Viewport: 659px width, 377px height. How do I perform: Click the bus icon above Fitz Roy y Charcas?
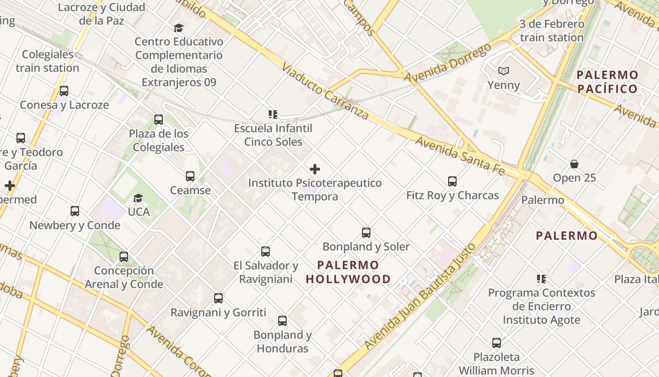click(x=452, y=181)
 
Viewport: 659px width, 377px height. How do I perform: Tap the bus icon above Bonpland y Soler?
click(x=366, y=232)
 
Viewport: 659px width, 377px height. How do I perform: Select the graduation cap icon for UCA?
click(x=138, y=198)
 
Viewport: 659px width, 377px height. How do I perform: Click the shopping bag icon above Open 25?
click(x=574, y=164)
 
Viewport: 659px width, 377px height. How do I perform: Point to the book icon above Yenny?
click(x=504, y=71)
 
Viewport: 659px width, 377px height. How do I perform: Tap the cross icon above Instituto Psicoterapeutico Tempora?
click(x=315, y=169)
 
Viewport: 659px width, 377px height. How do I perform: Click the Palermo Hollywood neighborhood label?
click(x=348, y=272)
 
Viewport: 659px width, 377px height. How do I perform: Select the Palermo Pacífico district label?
click(x=607, y=82)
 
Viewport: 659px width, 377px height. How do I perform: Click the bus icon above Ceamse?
click(x=190, y=176)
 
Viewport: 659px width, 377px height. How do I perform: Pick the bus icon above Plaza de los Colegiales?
click(x=159, y=120)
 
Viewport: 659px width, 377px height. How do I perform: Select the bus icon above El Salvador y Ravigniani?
click(x=265, y=252)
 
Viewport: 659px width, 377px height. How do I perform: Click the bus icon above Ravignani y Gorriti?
click(x=218, y=298)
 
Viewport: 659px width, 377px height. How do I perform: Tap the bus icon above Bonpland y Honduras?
click(x=282, y=321)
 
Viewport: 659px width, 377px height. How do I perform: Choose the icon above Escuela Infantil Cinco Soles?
click(x=273, y=114)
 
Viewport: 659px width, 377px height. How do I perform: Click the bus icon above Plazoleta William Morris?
click(x=497, y=343)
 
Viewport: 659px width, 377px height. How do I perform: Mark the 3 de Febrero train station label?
click(x=552, y=31)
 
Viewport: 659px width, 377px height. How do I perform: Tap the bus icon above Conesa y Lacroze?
click(x=64, y=91)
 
